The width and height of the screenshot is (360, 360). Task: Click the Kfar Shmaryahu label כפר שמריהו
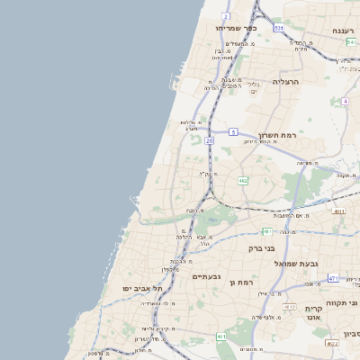pos(237,28)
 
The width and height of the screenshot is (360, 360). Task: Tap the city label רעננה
pos(342,31)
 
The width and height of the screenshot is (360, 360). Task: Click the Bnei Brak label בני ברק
pos(260,246)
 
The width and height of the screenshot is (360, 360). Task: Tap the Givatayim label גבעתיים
pos(207,276)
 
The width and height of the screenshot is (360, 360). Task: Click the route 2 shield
pos(225,16)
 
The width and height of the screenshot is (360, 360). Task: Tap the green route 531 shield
pos(279,28)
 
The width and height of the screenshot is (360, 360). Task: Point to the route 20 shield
pos(209,141)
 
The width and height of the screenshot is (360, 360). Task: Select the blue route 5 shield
pos(232,132)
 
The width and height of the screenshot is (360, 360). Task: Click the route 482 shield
pos(243,181)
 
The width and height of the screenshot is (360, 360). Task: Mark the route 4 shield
pos(345,101)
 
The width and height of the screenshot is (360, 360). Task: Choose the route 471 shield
pos(333,278)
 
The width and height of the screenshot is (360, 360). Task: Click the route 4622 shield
pos(332,343)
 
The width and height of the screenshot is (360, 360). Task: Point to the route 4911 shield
pos(338,211)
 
